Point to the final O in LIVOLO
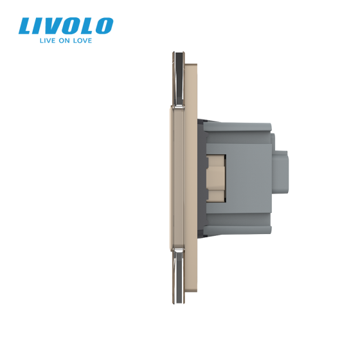103,26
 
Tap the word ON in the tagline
60,40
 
